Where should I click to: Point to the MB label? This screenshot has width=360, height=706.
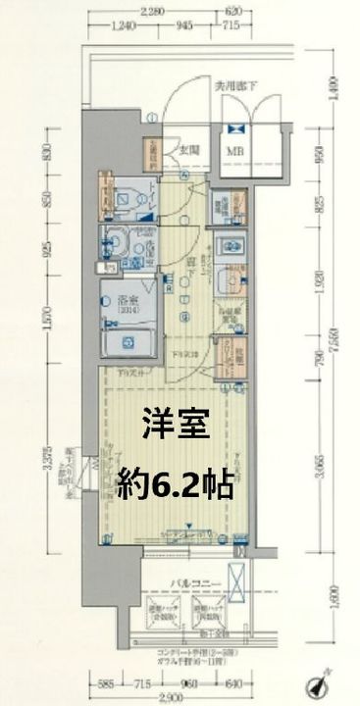(236, 152)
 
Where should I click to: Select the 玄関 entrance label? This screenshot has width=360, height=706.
(189, 150)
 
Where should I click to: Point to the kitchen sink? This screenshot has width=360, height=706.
(231, 277)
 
